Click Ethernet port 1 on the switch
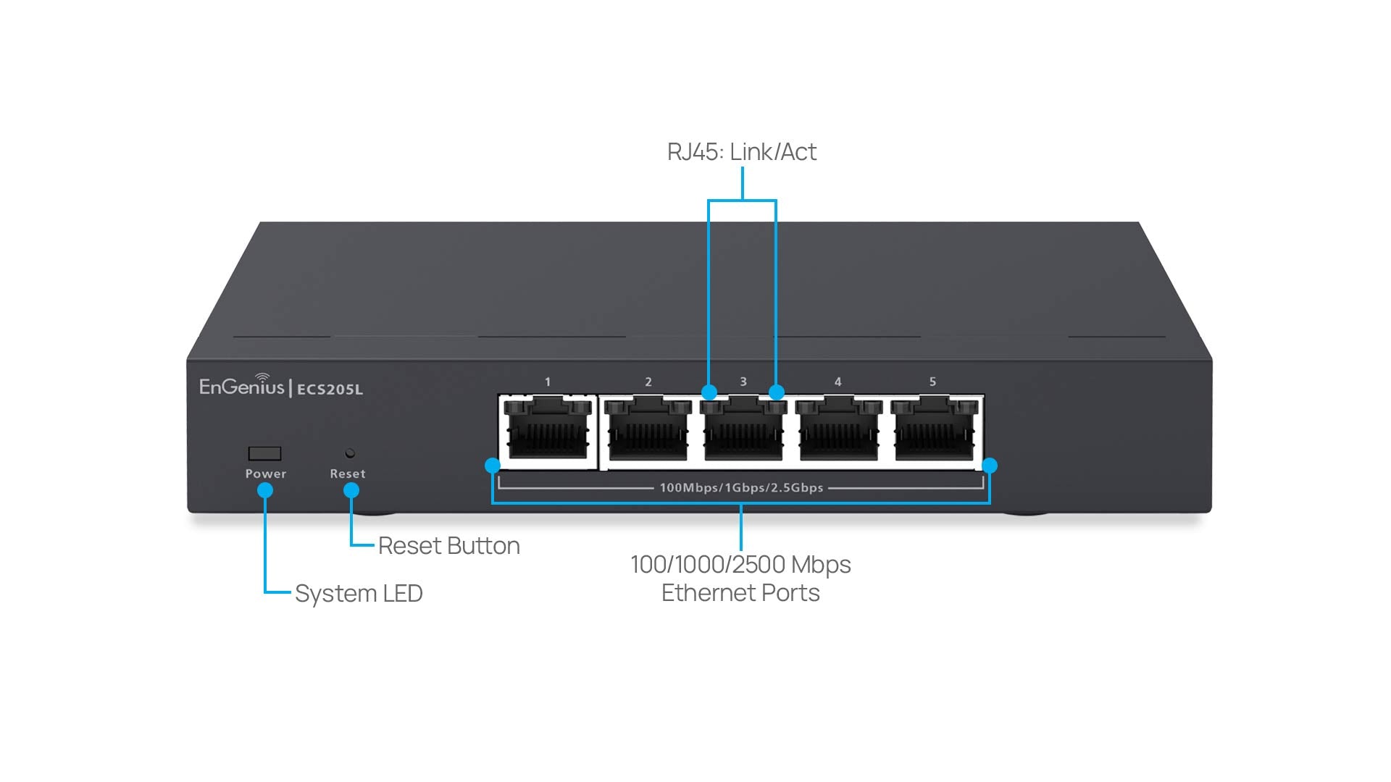pyautogui.click(x=548, y=432)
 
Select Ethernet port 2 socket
pyautogui.click(x=648, y=432)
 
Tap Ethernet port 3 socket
pyautogui.click(x=743, y=432)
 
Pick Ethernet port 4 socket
pyautogui.click(x=838, y=432)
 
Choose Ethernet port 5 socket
pyautogui.click(x=934, y=432)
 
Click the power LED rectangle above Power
pyautogui.click(x=264, y=453)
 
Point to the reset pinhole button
pyautogui.click(x=350, y=453)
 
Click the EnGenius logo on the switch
pyautogui.click(x=241, y=386)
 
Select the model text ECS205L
pyautogui.click(x=330, y=390)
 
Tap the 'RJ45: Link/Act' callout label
pyautogui.click(x=741, y=152)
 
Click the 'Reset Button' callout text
pyautogui.click(x=448, y=546)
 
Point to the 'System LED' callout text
pyautogui.click(x=359, y=594)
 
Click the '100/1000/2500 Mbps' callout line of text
pyautogui.click(x=740, y=565)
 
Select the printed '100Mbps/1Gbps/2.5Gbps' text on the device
pyautogui.click(x=741, y=488)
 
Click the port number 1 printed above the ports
pyautogui.click(x=548, y=382)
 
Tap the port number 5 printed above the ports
pyautogui.click(x=932, y=382)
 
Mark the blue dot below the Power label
pyautogui.click(x=265, y=490)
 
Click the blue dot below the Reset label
pyautogui.click(x=351, y=490)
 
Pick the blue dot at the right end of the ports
pyautogui.click(x=990, y=466)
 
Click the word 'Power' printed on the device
pyautogui.click(x=265, y=474)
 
